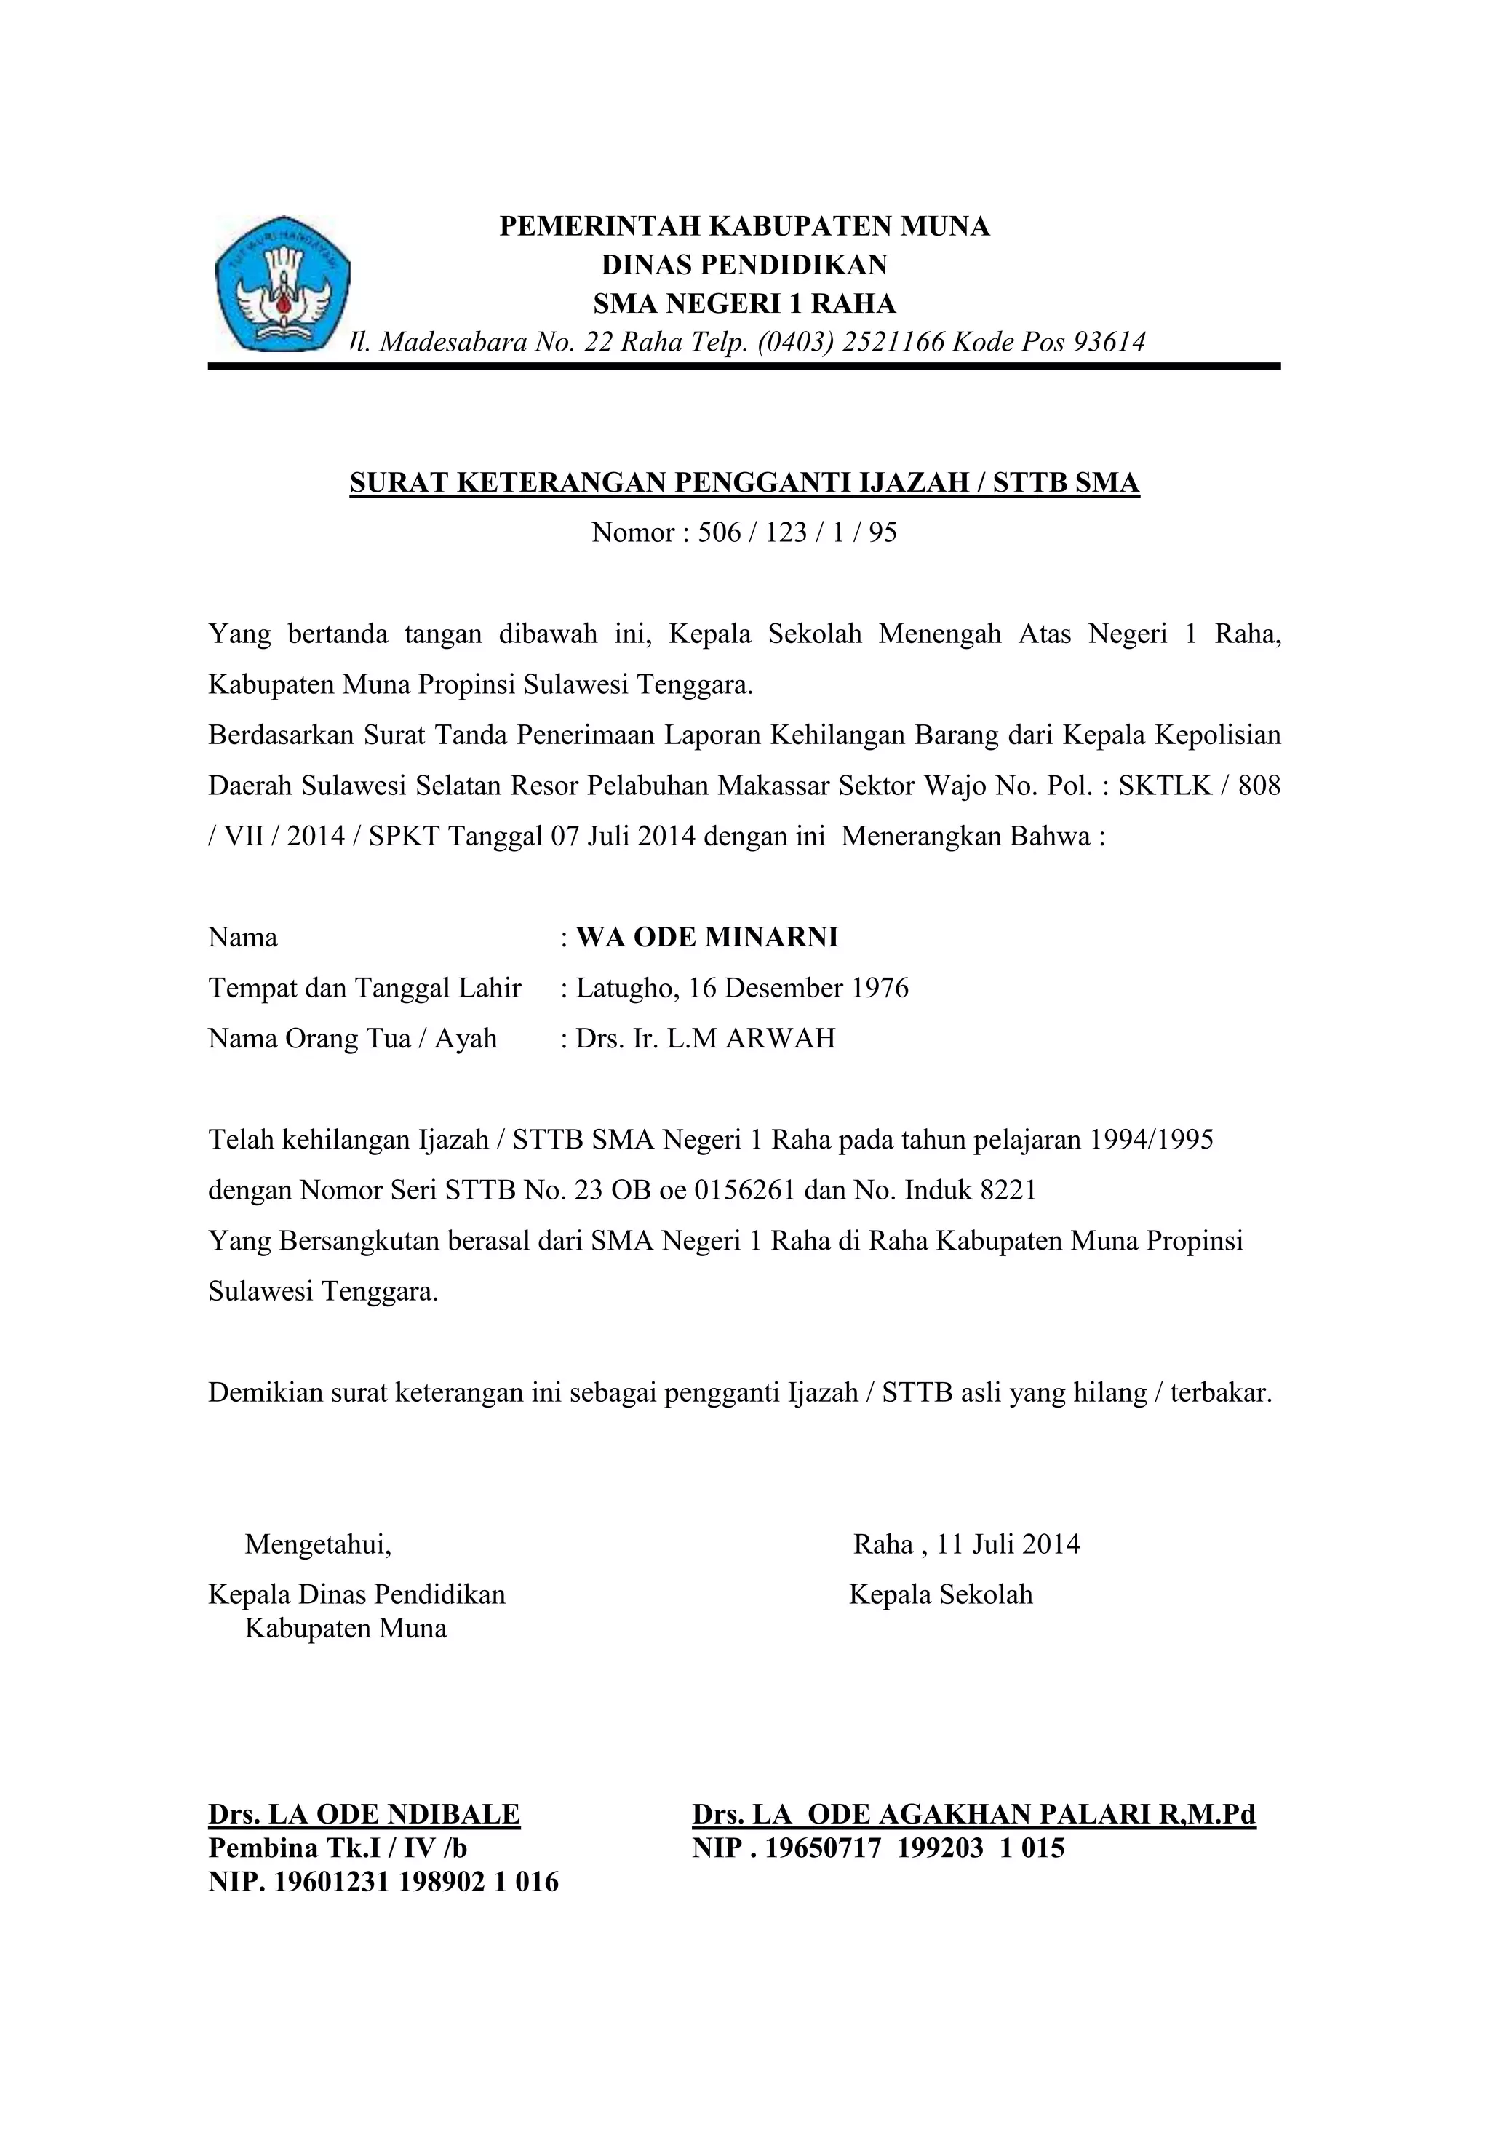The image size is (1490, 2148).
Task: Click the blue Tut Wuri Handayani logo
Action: [282, 283]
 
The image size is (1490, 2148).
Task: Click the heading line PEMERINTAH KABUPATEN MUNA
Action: [744, 227]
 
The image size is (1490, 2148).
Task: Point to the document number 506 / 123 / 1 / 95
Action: [797, 533]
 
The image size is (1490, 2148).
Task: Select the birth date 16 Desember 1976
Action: [798, 989]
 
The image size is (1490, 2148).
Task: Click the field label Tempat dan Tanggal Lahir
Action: [364, 989]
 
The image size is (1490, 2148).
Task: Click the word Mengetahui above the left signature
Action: [317, 1545]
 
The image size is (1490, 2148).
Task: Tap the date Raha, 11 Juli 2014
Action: [966, 1545]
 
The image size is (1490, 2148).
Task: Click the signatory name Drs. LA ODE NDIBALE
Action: [364, 1814]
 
